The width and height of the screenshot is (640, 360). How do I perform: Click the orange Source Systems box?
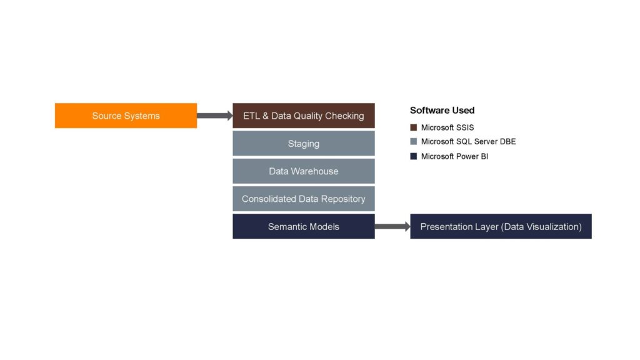126,116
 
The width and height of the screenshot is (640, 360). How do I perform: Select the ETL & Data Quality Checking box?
304,116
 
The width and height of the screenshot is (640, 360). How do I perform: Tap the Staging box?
304,143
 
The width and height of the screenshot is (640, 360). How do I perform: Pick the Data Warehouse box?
304,171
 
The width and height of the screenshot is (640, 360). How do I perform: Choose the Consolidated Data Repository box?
304,199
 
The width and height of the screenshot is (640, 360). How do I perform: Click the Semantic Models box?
304,226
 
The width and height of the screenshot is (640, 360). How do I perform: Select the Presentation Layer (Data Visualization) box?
501,226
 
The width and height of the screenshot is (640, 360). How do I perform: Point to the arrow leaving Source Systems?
215,116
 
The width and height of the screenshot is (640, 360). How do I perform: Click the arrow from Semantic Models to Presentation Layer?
392,226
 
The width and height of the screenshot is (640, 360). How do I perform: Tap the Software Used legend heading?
442,110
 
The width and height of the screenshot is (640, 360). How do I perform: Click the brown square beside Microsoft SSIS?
414,127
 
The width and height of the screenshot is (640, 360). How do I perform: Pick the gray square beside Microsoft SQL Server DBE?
414,142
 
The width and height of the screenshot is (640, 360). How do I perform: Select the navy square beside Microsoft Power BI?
414,156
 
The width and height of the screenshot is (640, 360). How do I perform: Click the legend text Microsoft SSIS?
447,127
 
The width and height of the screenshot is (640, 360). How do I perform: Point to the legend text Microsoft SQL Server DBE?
468,142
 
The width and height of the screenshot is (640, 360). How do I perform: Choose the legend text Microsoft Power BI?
454,156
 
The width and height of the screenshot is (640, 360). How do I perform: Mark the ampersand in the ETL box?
265,116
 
